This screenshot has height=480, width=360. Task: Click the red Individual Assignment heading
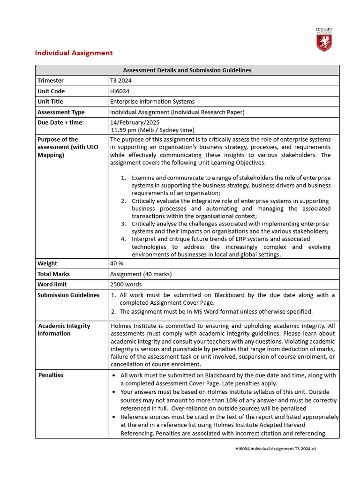74,53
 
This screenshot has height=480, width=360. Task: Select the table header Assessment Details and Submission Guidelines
187,70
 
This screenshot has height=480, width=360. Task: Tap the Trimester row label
50,81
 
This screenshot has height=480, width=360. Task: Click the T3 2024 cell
121,81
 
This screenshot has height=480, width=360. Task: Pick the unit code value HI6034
120,91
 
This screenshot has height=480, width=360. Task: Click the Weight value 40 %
117,263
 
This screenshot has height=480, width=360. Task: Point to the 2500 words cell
126,284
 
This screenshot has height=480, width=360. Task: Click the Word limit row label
52,284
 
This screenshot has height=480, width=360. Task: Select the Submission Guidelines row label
68,295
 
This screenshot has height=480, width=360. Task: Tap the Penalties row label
51,375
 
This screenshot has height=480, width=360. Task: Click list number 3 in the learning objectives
123,224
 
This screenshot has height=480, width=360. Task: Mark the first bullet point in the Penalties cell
115,376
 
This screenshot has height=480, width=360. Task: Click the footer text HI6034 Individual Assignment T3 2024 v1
276,449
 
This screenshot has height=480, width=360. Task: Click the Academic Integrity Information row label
64,330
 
